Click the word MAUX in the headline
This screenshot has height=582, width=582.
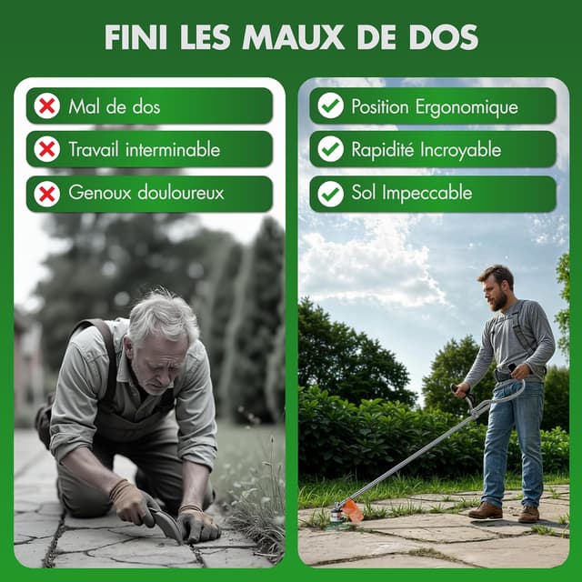293,37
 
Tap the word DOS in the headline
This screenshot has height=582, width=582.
444,37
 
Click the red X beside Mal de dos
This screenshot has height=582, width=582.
46,106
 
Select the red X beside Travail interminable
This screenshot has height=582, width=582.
46,149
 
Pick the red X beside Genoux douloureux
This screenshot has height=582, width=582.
46,194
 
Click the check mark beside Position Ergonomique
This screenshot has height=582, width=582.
330,106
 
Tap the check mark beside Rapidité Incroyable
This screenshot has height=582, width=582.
330,149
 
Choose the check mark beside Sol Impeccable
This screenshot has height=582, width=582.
330,194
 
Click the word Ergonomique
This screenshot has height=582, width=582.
467,107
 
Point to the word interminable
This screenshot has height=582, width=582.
173,149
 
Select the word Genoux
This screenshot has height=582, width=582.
100,193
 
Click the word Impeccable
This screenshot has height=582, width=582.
426,193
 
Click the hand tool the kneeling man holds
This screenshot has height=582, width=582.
166,524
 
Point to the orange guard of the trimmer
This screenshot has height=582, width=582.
353,511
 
